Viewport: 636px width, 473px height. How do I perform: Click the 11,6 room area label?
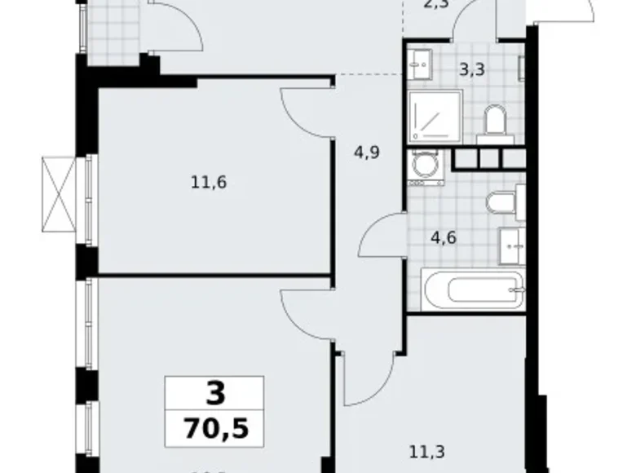208,182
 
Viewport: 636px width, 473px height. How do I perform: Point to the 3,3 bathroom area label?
472,69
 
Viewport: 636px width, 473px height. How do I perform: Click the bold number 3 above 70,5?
214,394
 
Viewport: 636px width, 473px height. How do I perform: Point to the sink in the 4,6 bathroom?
511,242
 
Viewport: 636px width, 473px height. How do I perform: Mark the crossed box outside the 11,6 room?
57,193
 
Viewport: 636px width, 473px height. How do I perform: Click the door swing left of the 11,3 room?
362,378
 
